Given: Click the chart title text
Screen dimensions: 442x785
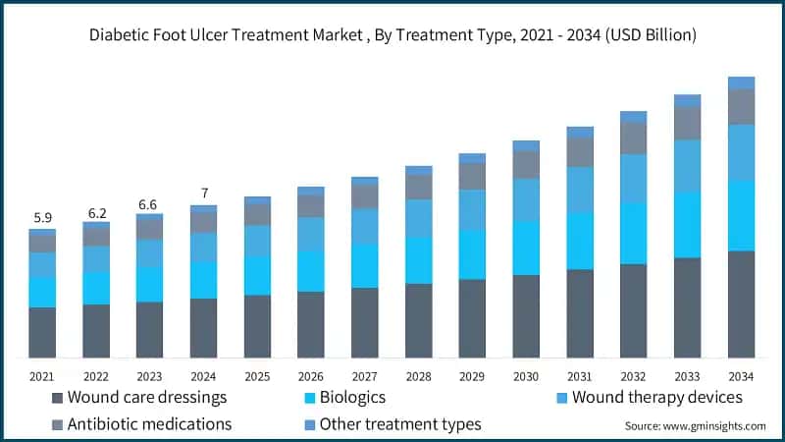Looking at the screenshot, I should point(392,35).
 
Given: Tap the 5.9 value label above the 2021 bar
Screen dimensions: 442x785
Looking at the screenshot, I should point(41,217).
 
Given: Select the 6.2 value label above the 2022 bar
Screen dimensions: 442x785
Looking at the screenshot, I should point(95,211).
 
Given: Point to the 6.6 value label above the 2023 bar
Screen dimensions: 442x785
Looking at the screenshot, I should point(149,203).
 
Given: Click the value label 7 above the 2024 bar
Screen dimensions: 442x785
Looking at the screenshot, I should point(203,193).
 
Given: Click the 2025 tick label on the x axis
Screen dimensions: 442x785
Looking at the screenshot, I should point(257,376).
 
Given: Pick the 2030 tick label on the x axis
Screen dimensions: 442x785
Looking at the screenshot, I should point(526,376).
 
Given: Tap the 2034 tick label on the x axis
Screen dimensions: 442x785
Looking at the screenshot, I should point(741,376).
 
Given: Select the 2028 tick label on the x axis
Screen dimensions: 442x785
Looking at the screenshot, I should point(418,376).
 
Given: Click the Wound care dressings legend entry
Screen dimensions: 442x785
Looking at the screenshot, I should point(137,398).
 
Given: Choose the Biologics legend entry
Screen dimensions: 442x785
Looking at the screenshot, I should point(343,398).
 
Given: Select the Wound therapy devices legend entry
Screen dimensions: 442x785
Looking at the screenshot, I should point(648,398).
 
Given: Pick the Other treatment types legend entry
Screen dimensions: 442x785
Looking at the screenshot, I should point(392,424).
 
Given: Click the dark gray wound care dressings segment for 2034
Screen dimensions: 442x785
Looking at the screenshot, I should point(741,304).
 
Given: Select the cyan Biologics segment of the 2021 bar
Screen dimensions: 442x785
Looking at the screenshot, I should point(41,292).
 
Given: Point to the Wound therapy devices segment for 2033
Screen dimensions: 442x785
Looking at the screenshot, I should point(687,166).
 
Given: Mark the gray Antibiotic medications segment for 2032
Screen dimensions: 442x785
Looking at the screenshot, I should point(633,138).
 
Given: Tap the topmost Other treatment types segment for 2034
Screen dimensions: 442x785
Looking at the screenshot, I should point(741,83).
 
